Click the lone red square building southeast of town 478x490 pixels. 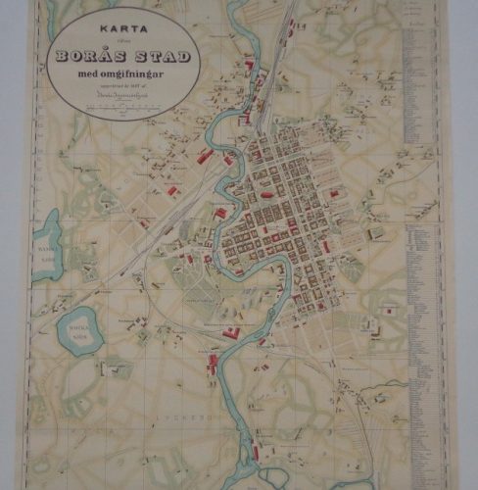click(x=391, y=311)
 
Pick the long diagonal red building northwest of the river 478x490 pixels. click(x=206, y=155)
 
